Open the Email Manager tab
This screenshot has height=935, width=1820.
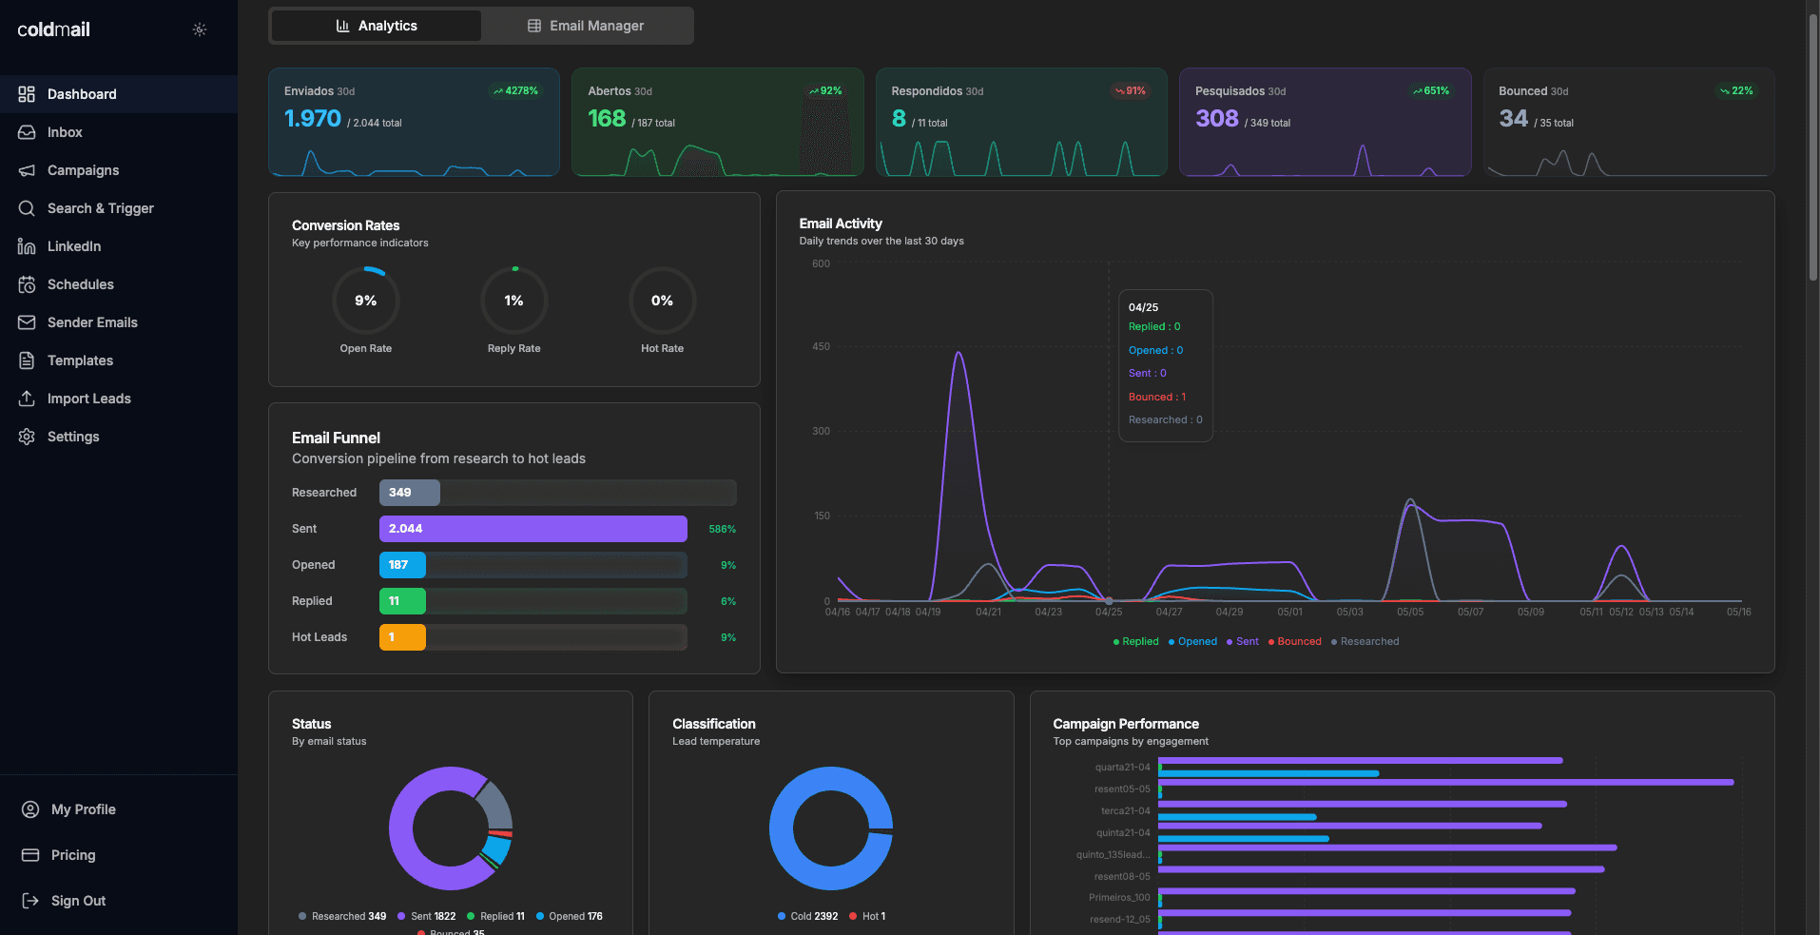pyautogui.click(x=587, y=26)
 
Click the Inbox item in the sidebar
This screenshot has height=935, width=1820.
pyautogui.click(x=65, y=132)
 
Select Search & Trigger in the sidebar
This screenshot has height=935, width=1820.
pyautogui.click(x=100, y=208)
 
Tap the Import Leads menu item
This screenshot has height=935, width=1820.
pyautogui.click(x=88, y=399)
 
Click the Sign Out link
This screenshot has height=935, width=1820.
pyautogui.click(x=78, y=901)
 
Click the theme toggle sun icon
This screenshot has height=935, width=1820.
pyautogui.click(x=200, y=29)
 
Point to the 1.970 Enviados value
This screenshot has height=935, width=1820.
pyautogui.click(x=312, y=119)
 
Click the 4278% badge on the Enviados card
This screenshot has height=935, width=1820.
pyautogui.click(x=515, y=91)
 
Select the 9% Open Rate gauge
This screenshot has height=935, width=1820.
pyautogui.click(x=366, y=301)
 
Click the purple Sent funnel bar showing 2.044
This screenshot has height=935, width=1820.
pyautogui.click(x=532, y=529)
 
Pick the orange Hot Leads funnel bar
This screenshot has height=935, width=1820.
pyautogui.click(x=402, y=637)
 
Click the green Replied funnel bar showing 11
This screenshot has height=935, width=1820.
pyautogui.click(x=402, y=601)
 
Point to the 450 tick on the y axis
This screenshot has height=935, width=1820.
pyautogui.click(x=821, y=347)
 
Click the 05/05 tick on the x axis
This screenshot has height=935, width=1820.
pyautogui.click(x=1410, y=613)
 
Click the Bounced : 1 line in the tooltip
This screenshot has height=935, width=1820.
pyautogui.click(x=1157, y=398)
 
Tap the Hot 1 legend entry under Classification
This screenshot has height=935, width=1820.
pyautogui.click(x=867, y=917)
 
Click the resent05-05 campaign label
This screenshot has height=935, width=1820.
pyautogui.click(x=1122, y=789)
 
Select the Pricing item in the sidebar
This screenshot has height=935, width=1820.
pyautogui.click(x=73, y=855)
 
